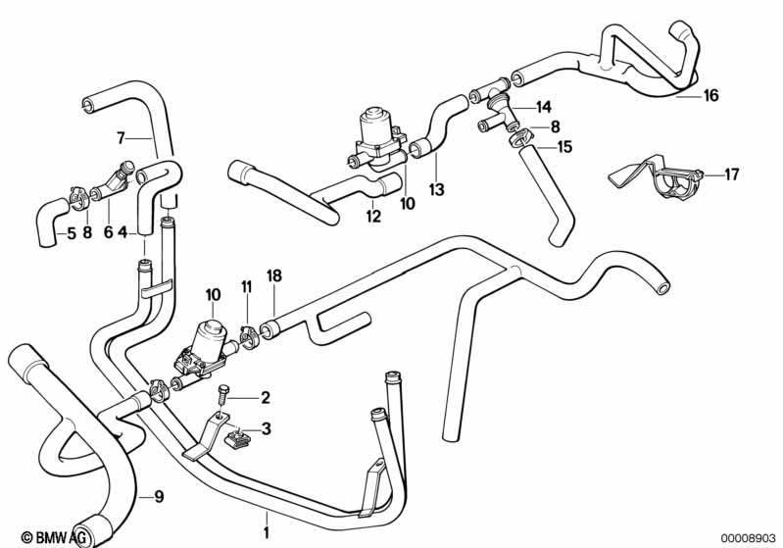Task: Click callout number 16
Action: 710,95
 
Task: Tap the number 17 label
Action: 731,175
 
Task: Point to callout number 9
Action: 160,496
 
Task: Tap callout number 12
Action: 373,217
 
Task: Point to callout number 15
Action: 564,147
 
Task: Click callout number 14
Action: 544,106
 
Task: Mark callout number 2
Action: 264,397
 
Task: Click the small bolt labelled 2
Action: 224,395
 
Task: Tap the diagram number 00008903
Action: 748,537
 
